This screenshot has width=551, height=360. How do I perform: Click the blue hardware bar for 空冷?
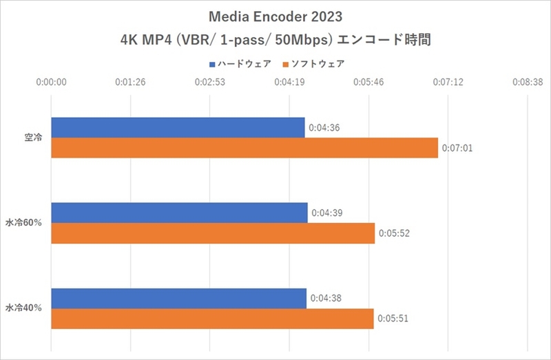pos(178,127)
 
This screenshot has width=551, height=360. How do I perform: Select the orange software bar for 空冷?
pos(245,148)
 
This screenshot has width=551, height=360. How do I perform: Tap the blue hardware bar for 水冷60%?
pos(179,213)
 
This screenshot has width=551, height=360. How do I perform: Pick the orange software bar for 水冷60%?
pos(213,233)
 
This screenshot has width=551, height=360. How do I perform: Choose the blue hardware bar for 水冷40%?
pos(178,299)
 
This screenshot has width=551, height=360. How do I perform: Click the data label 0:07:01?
pos(457,148)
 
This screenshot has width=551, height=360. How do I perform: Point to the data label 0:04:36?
pos(324,128)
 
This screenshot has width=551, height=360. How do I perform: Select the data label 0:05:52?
pos(394,233)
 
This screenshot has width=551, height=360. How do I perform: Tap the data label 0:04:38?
pos(325,299)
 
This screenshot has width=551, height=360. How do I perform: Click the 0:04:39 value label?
pos(326,213)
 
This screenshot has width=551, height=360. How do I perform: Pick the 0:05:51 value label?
pos(393,319)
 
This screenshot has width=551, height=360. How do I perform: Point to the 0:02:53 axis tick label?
pos(210,81)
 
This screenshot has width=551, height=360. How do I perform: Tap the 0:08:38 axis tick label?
pos(528,81)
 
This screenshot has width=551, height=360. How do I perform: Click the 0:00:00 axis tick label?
pos(52,81)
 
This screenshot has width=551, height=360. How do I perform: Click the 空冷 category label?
pos(33,138)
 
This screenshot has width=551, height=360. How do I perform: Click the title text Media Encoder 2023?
pos(275,16)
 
